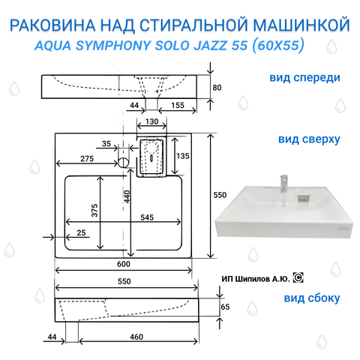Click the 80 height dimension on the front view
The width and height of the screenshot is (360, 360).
[217, 88]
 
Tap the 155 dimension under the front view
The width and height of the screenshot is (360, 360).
[178, 105]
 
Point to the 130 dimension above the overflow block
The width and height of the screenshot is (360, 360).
[151, 121]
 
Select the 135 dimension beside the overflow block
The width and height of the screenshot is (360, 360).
[183, 156]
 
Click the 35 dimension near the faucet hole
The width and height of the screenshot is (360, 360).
[106, 144]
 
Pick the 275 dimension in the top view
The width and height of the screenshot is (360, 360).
[87, 159]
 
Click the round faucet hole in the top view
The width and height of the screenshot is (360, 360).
[123, 163]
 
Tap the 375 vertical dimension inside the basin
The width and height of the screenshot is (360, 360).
[94, 210]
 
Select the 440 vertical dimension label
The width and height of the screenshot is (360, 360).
[127, 196]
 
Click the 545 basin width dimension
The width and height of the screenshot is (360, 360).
[147, 217]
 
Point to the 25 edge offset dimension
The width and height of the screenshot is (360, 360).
[81, 232]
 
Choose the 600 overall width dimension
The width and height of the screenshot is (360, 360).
[124, 264]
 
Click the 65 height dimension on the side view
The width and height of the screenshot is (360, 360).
[225, 307]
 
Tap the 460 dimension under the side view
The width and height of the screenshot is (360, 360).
[136, 337]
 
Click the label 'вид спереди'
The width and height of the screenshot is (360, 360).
[304, 78]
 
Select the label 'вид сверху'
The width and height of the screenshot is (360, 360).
[309, 139]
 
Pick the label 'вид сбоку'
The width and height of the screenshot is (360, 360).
[312, 298]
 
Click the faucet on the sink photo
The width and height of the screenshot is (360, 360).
[284, 183]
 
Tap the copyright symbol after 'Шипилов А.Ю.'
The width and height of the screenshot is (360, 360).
[298, 277]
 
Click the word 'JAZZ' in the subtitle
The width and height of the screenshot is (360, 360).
[211, 46]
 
